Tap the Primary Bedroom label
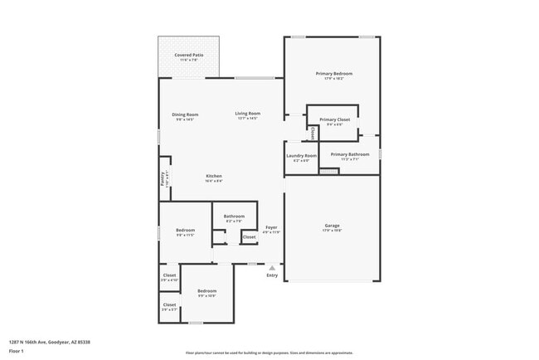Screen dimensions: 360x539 (334, 74)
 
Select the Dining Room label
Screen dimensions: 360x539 (185, 114)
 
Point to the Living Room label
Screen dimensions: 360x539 (247, 114)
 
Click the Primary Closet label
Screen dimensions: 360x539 (334, 119)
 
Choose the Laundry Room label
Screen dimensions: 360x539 (302, 156)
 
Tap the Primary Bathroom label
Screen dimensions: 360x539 (350, 154)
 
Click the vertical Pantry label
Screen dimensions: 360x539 (163, 178)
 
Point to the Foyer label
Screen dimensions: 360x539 (271, 227)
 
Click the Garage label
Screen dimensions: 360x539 (332, 226)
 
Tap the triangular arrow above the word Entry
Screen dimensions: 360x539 (272, 268)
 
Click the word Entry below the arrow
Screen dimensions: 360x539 (272, 275)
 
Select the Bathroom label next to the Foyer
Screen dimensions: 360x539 (234, 216)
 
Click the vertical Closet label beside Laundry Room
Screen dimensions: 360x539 (313, 133)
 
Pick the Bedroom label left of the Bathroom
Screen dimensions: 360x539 (185, 230)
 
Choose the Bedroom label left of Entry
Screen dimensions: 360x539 (206, 290)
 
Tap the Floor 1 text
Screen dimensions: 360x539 (16, 350)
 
